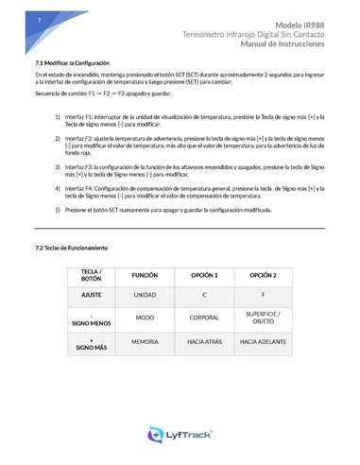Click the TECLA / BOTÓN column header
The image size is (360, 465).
[x=91, y=275]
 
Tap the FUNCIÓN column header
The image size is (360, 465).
[x=145, y=275]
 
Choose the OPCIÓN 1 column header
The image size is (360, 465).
[x=203, y=275]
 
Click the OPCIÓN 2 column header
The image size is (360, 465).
[x=262, y=275]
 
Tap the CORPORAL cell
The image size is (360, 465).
[x=203, y=319]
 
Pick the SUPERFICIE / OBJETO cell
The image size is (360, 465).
[x=262, y=318]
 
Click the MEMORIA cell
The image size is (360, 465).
[x=145, y=342]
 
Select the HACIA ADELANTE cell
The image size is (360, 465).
[x=262, y=342]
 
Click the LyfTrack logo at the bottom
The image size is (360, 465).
[x=180, y=436]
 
